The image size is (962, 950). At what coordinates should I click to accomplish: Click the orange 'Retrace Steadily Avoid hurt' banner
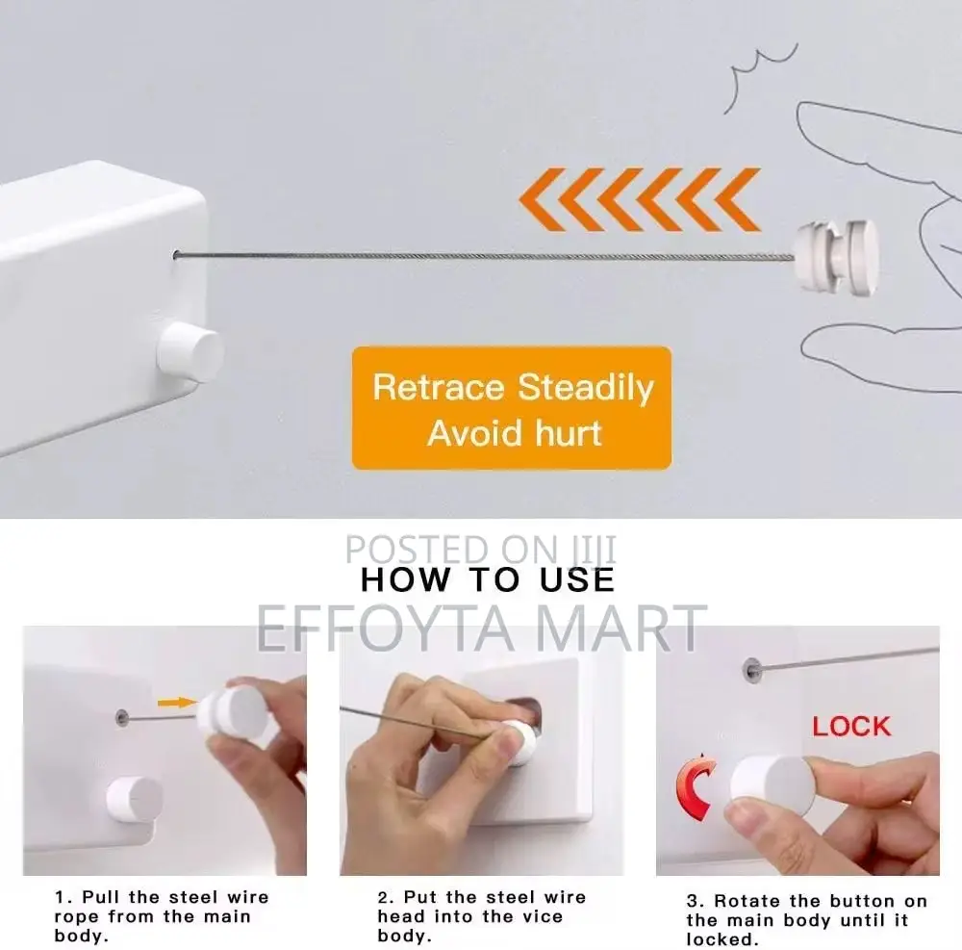coord(512,408)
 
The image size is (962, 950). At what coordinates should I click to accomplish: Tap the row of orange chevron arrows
coord(639,199)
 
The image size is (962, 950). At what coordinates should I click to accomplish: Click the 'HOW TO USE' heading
coord(487,579)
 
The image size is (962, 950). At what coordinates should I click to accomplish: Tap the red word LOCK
coord(851,726)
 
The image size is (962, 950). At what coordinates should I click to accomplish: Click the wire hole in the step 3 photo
coord(750,666)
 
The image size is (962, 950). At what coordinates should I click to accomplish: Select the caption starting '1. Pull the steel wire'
coord(161,915)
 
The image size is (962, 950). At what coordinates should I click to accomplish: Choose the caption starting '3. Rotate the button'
coord(806,920)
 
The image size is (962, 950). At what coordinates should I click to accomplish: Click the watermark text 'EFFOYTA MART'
coord(481,627)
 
